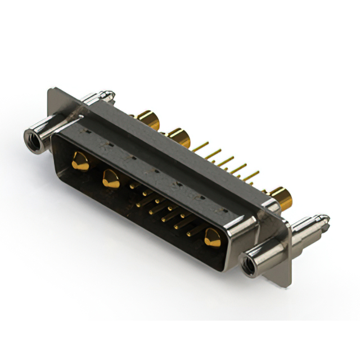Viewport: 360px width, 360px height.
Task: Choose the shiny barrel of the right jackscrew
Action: coord(270,253)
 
